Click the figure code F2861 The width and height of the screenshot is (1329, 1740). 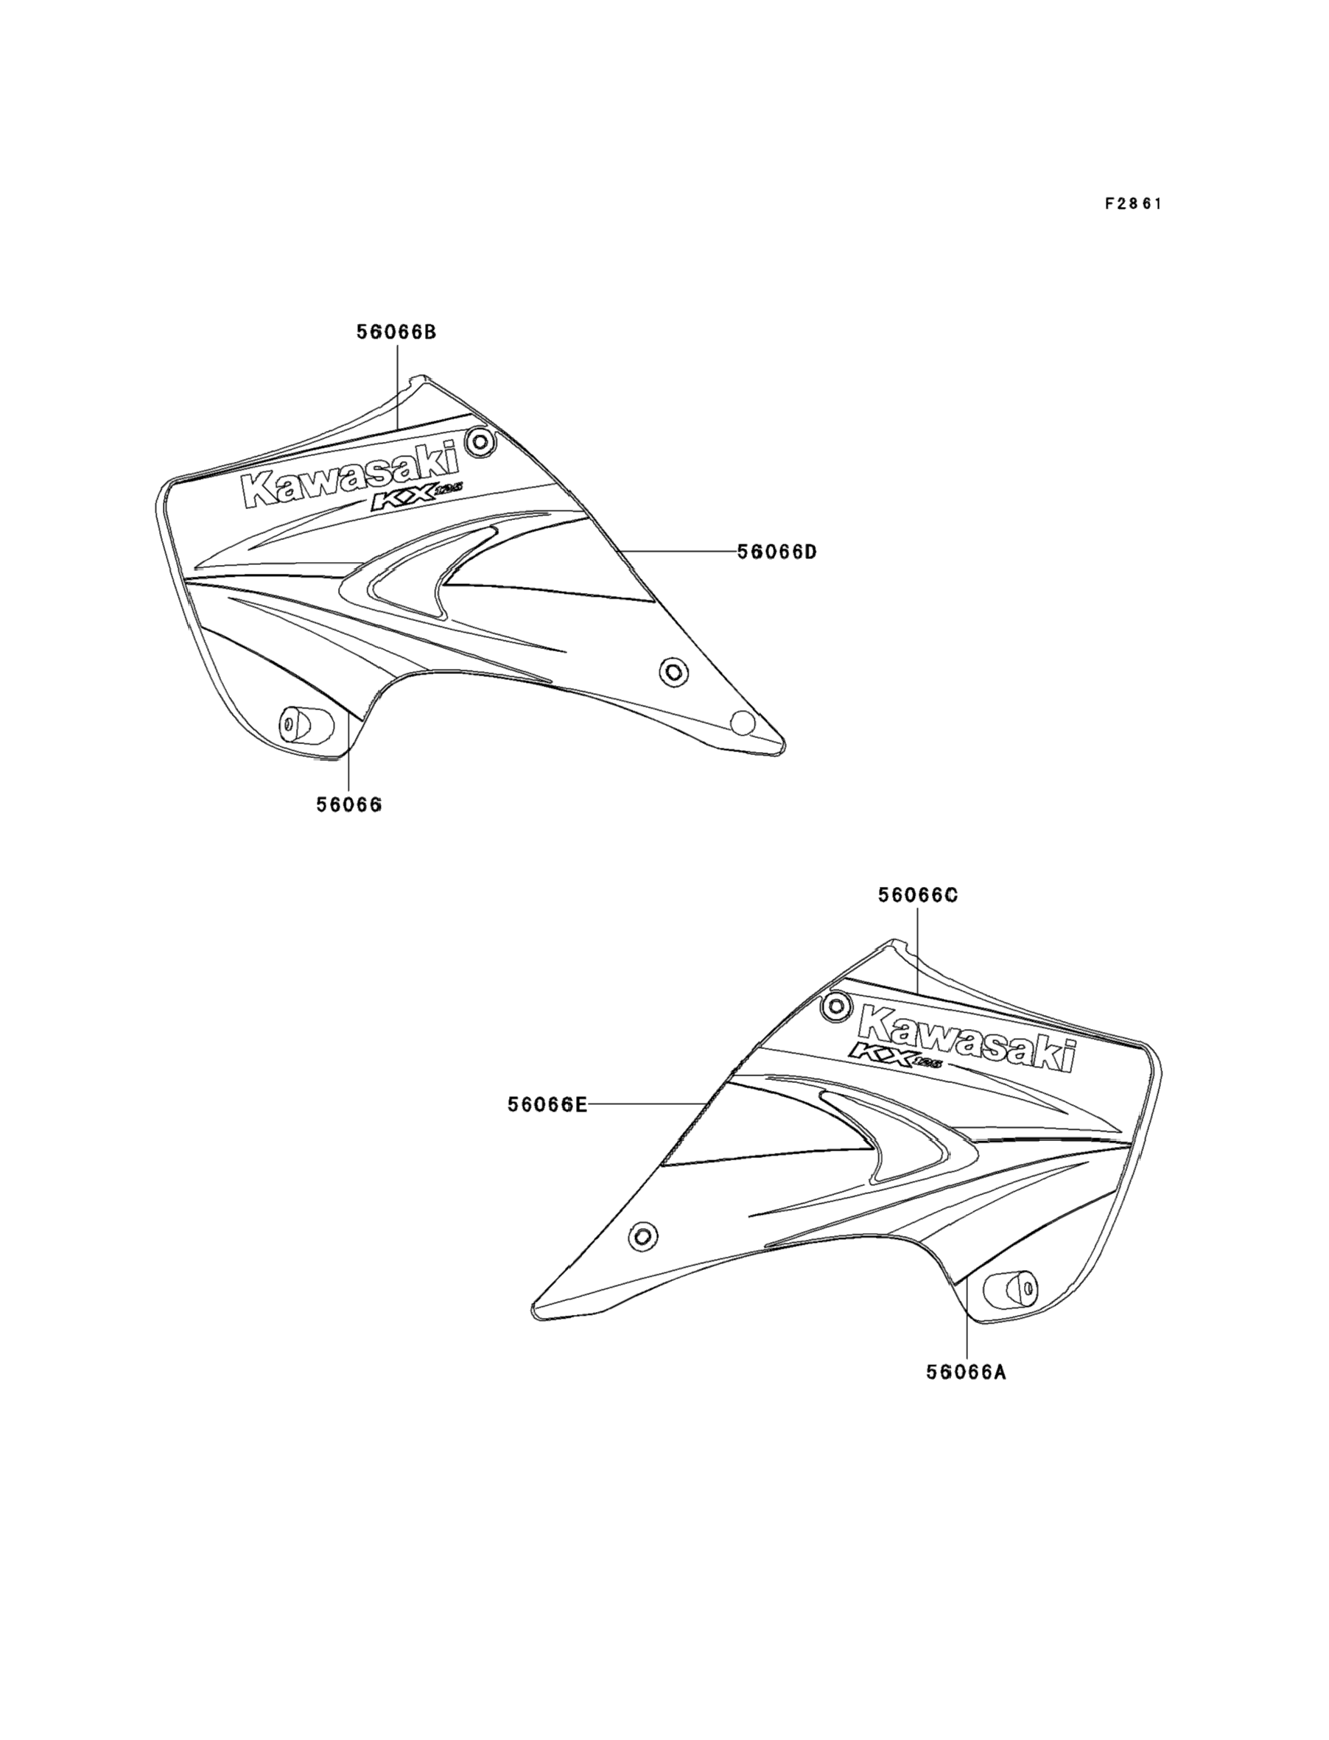click(1133, 204)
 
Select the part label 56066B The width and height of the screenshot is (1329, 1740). click(396, 332)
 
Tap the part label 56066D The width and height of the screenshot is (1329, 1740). click(776, 551)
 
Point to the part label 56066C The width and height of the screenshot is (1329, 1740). click(918, 894)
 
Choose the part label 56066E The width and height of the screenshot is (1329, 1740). click(547, 1105)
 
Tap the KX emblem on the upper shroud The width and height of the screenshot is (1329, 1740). click(411, 501)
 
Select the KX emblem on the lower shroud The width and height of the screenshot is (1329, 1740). click(894, 1055)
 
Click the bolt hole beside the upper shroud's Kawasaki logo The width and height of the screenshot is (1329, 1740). click(480, 441)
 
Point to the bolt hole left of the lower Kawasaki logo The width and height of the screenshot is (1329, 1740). click(835, 1006)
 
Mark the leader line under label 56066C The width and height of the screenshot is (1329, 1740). click(918, 949)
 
